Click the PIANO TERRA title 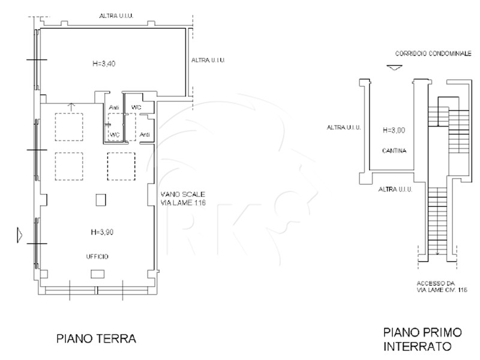click(x=97, y=338)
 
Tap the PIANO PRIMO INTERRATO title click(x=422, y=339)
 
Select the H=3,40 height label click(x=104, y=64)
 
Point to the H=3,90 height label click(x=102, y=232)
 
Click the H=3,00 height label click(x=394, y=130)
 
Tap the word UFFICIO click(x=97, y=257)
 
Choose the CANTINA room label click(x=394, y=151)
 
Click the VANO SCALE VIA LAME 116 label click(x=183, y=199)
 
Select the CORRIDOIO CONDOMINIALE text click(x=433, y=53)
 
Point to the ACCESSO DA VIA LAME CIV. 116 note click(x=442, y=287)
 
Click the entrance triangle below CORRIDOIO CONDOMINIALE click(x=394, y=68)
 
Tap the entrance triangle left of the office click(x=20, y=235)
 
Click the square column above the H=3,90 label click(x=101, y=200)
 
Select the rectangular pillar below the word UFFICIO click(x=98, y=274)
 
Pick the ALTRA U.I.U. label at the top click(x=116, y=16)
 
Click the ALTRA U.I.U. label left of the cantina click(x=344, y=127)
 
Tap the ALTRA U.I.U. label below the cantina click(x=395, y=189)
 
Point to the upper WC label click(x=136, y=107)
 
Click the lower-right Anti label click(x=145, y=134)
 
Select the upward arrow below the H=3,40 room click(x=71, y=107)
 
